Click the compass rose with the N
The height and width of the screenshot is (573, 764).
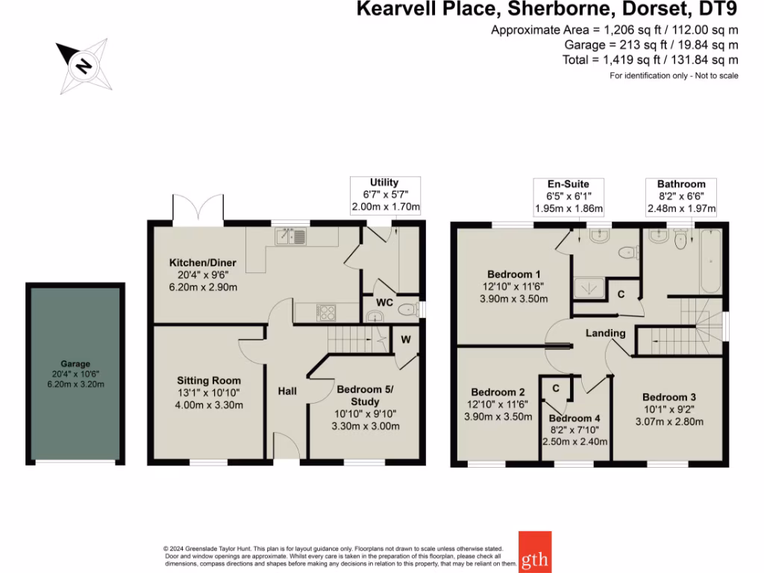(x=83, y=67)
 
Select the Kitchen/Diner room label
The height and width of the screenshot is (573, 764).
(x=203, y=263)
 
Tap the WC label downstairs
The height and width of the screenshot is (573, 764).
(x=384, y=303)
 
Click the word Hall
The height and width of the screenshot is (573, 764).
(x=288, y=391)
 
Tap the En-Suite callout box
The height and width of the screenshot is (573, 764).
(x=569, y=196)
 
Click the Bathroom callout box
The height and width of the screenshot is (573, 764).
(x=681, y=196)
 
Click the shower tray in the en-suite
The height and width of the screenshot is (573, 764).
(x=589, y=286)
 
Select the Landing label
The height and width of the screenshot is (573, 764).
(x=606, y=333)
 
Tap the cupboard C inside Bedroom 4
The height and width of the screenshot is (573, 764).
(x=556, y=388)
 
